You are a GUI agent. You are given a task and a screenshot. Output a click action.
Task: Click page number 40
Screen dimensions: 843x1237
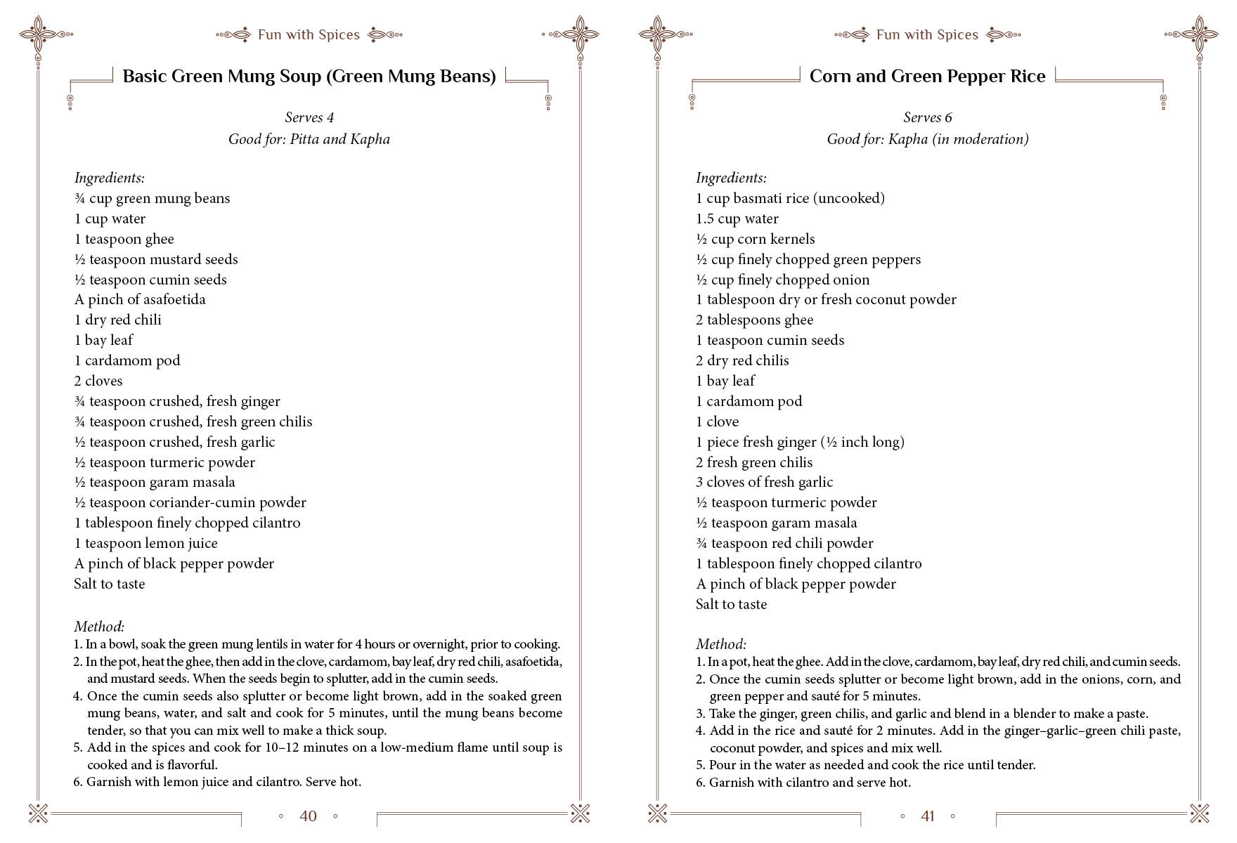[x=308, y=816]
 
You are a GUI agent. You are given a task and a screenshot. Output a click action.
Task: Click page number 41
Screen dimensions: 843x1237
[x=928, y=816]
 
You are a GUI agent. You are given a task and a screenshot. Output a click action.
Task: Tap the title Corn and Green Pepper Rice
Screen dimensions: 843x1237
[x=927, y=77]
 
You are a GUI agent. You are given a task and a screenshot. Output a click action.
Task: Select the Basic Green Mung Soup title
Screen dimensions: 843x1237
[x=309, y=77]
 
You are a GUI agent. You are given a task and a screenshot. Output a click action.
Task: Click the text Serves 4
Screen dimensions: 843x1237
[x=309, y=117]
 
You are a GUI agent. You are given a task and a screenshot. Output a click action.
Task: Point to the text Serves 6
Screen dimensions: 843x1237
[x=928, y=117]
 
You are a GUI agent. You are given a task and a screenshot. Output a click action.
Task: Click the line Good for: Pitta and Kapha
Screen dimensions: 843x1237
[x=309, y=139]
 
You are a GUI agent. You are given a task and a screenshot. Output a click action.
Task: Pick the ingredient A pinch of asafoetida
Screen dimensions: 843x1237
[x=140, y=299]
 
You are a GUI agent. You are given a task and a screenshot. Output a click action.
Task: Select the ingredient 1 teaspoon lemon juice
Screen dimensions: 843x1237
[x=145, y=543]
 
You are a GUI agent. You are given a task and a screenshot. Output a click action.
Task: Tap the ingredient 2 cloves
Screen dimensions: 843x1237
[x=98, y=381]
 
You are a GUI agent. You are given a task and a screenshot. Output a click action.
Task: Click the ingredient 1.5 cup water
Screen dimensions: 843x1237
[x=737, y=218]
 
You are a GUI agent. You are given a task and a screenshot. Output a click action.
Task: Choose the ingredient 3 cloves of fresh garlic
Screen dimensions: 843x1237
[x=764, y=482]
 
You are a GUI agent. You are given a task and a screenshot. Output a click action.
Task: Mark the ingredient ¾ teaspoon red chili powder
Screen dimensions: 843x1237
[x=784, y=543]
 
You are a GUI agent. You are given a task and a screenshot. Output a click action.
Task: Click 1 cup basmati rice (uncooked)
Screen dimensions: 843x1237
[x=790, y=198]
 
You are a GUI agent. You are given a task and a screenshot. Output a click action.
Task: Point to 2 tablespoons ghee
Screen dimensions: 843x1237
[x=754, y=320]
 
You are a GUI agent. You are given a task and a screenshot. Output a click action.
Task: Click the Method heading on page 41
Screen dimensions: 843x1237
[x=720, y=644]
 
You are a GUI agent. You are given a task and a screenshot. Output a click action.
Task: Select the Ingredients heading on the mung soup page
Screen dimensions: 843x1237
[x=109, y=178]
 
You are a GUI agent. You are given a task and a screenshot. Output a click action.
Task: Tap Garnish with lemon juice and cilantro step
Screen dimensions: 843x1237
[x=224, y=782]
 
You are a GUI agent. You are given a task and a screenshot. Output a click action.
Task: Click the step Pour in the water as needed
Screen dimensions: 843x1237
[x=872, y=765]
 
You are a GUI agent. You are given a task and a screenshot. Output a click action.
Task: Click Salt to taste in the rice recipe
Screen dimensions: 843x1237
[x=731, y=604]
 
